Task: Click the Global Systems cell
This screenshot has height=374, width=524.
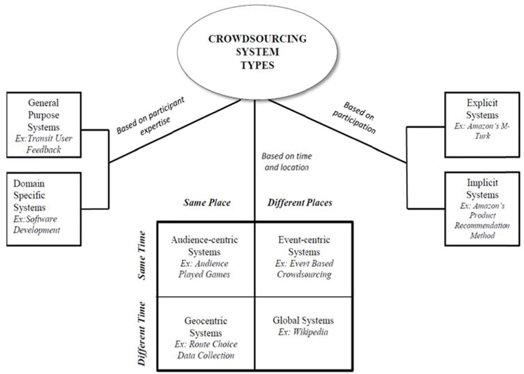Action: coord(302,326)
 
